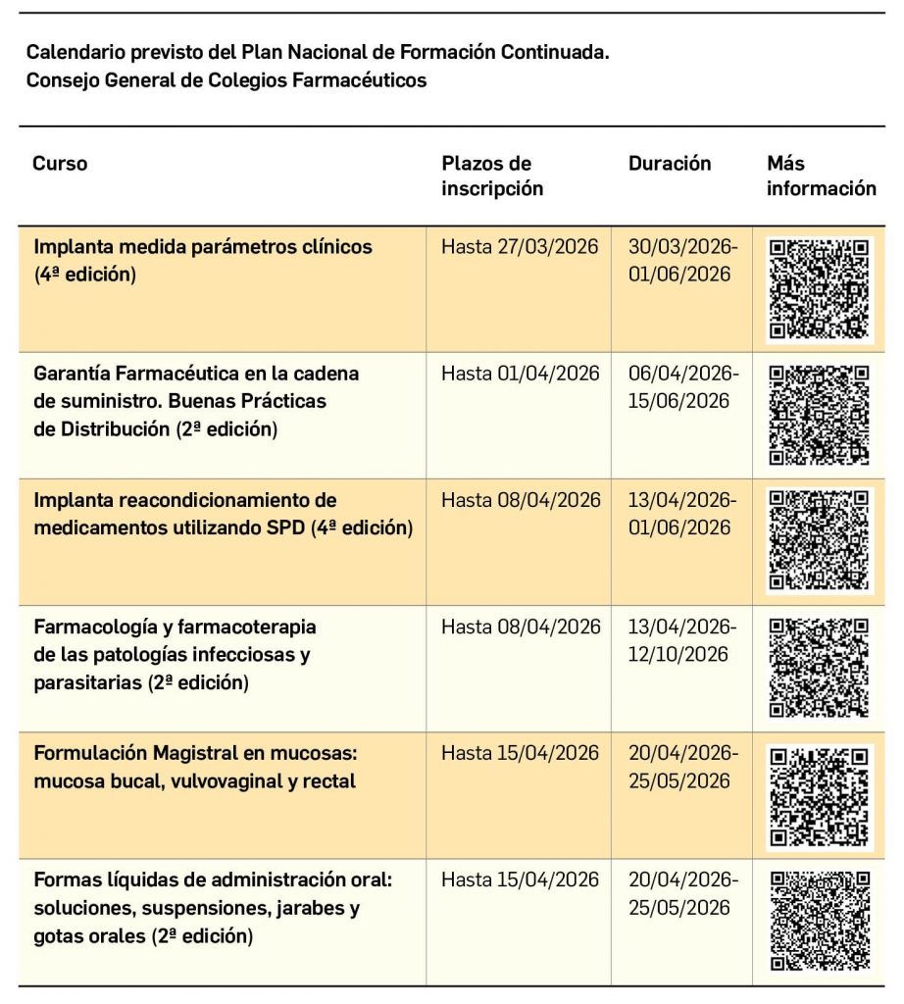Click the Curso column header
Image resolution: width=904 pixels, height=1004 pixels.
point(60,164)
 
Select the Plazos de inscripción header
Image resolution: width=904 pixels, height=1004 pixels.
point(491,176)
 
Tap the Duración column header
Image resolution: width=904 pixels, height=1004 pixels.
point(670,164)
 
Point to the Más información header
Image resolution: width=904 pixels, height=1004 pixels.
point(821,176)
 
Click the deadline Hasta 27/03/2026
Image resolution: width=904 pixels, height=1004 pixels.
point(519,247)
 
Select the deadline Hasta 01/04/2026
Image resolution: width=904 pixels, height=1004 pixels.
point(519,374)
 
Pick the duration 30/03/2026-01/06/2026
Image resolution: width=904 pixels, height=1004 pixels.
point(682,261)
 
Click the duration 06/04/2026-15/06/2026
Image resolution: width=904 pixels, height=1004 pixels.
point(682,387)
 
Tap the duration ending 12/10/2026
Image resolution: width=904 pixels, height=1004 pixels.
point(682,640)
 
